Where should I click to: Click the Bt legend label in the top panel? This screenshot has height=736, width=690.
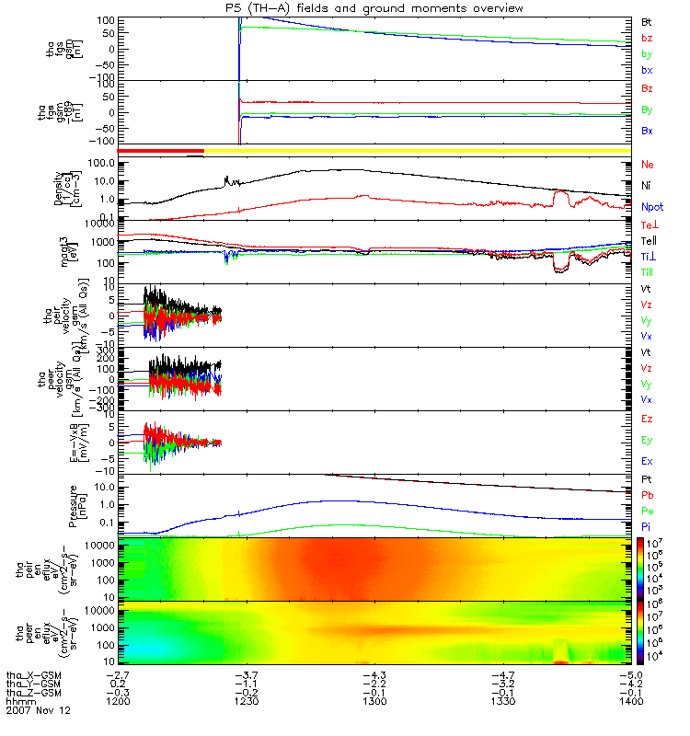[x=647, y=19]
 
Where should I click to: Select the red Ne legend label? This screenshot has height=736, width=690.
[x=647, y=164]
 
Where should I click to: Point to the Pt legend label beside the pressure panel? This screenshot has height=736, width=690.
[x=646, y=481]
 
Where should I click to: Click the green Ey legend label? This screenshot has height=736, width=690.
[x=647, y=440]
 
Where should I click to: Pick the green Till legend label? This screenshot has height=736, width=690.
[x=649, y=271]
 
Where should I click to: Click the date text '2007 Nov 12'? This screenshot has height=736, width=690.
[x=38, y=711]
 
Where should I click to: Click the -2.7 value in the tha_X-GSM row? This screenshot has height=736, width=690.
[x=116, y=674]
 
